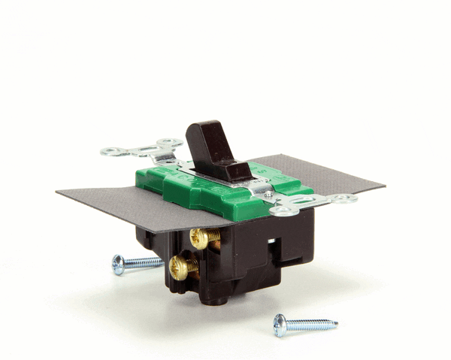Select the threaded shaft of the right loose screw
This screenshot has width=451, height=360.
[312, 325]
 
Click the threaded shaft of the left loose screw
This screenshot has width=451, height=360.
[144, 262]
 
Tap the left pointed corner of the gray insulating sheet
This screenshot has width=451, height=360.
[59, 193]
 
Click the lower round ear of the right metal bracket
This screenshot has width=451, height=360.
[283, 211]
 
